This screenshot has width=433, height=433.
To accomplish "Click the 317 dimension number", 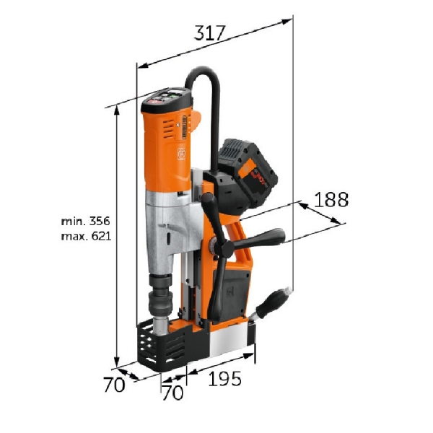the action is pyautogui.click(x=209, y=33).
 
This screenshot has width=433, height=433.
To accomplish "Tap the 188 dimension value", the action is pyautogui.click(x=331, y=199).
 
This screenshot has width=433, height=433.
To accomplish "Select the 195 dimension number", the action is pyautogui.click(x=224, y=378).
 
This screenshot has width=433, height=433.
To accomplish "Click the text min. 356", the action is pyautogui.click(x=85, y=222).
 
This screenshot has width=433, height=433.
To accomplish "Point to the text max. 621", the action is pyautogui.click(x=86, y=236).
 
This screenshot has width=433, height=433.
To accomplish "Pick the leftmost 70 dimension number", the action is pyautogui.click(x=114, y=385).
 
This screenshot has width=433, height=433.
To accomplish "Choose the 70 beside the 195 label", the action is pyautogui.click(x=173, y=393).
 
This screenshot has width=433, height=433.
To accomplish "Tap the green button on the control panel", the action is pyautogui.click(x=172, y=95).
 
